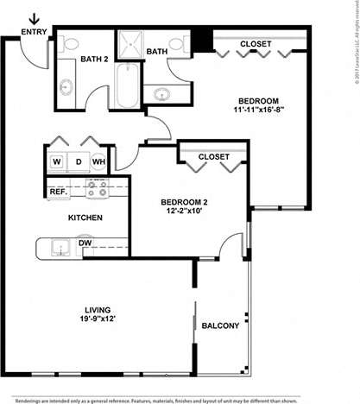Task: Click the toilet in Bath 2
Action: click(70, 43)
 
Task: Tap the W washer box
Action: click(56, 161)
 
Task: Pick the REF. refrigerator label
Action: click(59, 192)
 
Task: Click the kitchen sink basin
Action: click(60, 249)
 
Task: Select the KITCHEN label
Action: click(86, 218)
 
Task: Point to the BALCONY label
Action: click(220, 325)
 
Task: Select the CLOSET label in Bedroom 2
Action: click(213, 156)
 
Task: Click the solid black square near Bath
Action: click(202, 39)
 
